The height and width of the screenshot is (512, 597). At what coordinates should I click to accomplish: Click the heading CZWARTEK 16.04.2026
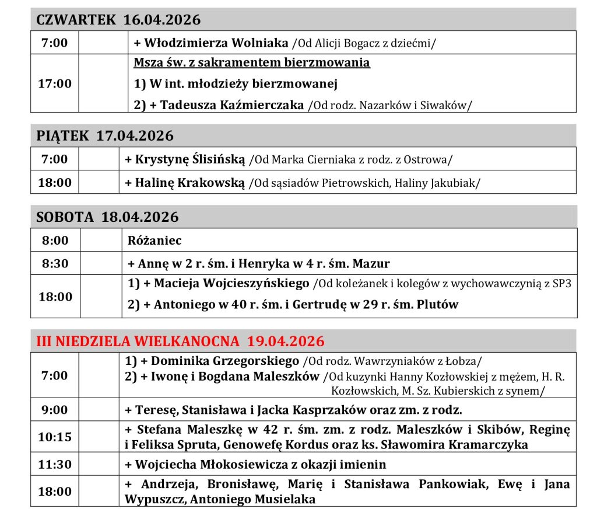pos(118,20)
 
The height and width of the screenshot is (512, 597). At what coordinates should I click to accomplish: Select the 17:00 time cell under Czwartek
pos(55,83)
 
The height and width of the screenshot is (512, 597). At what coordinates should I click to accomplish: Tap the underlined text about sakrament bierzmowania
pos(252,62)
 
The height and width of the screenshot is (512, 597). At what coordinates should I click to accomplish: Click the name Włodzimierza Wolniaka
pos(216,43)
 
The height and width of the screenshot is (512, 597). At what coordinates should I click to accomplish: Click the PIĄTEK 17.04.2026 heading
pos(105,136)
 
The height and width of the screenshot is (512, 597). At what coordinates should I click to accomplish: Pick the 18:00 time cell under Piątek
pos(55,182)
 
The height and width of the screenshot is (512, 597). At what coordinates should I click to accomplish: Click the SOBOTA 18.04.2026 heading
pos(107,217)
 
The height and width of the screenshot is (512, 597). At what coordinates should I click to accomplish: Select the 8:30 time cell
pos(55,263)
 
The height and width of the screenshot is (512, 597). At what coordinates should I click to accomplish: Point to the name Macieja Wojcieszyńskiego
pos(231,284)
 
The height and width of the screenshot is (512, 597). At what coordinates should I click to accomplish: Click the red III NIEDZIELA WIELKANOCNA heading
pos(180,341)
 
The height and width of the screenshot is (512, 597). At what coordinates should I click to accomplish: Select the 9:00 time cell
pos(55,409)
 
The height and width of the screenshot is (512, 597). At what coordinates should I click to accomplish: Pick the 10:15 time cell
pos(55,437)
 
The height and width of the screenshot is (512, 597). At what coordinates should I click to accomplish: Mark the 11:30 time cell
pos(55,465)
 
